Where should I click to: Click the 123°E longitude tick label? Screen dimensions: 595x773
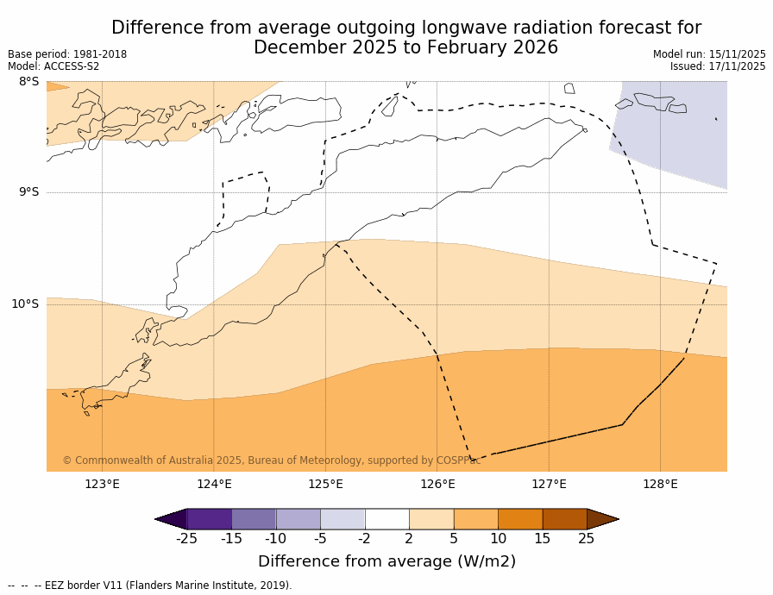(x=102, y=484)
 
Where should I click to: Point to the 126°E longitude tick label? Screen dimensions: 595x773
(x=437, y=484)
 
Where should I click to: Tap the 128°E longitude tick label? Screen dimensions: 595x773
(x=660, y=484)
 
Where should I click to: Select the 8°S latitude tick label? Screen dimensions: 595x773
(x=28, y=82)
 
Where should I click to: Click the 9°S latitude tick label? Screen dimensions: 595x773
(x=28, y=192)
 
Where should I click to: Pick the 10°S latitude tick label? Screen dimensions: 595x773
(x=25, y=304)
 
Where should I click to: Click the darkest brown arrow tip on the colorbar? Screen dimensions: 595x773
(x=603, y=519)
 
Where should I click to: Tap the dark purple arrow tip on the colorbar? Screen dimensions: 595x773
(x=171, y=519)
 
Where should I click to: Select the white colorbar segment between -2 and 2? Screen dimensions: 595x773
(x=386, y=519)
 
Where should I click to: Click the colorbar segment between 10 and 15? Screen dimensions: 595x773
(x=520, y=519)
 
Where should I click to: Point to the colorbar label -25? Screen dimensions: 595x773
(x=186, y=539)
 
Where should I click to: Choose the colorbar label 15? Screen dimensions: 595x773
(x=542, y=539)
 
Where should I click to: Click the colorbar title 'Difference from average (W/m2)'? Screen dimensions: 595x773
(x=386, y=561)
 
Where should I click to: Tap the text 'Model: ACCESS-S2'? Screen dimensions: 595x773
(x=53, y=66)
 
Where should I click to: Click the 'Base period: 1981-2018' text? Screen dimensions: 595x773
(x=67, y=54)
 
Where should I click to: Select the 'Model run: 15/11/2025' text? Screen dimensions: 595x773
(x=709, y=54)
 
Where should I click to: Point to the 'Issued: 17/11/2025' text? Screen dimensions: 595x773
(x=718, y=66)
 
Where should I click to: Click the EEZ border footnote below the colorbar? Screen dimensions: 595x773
(x=150, y=586)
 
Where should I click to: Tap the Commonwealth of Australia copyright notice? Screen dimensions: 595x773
(x=272, y=460)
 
